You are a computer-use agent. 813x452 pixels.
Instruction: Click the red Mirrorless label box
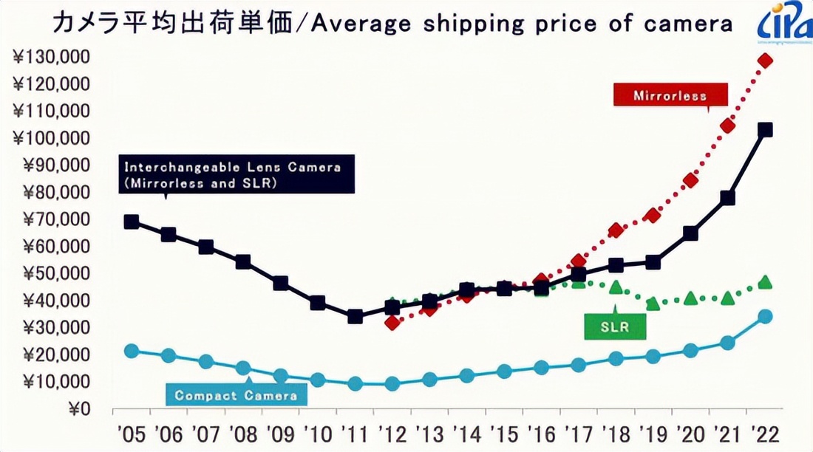coord(670,95)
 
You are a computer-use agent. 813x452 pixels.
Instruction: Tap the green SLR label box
coord(614,326)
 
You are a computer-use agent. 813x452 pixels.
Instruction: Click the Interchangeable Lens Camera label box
coord(237,174)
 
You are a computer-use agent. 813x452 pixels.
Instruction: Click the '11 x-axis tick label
coord(355,432)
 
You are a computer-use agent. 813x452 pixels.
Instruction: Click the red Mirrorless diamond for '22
coord(765,61)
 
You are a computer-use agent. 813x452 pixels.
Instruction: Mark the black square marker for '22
coord(765,130)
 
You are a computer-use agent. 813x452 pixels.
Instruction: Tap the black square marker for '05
coord(132,222)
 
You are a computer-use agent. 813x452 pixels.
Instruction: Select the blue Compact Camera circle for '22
coord(765,316)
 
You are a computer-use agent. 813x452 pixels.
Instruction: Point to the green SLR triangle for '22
coord(765,282)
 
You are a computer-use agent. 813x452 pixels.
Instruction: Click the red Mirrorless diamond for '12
coord(392,322)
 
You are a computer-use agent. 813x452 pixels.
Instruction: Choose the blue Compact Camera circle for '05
coord(132,351)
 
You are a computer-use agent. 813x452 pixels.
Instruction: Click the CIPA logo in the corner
coord(783,24)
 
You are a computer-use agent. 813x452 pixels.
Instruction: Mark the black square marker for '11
coord(355,316)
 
